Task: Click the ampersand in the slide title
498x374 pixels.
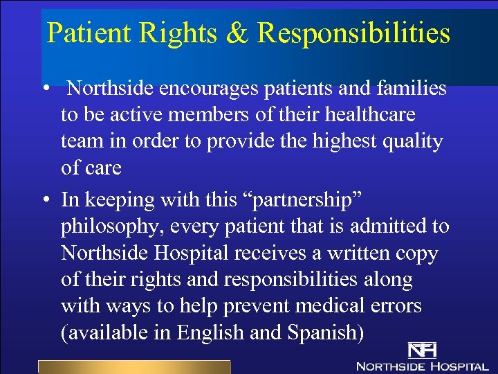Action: click(x=237, y=33)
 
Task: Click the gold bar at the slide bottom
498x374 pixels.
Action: click(x=133, y=367)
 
